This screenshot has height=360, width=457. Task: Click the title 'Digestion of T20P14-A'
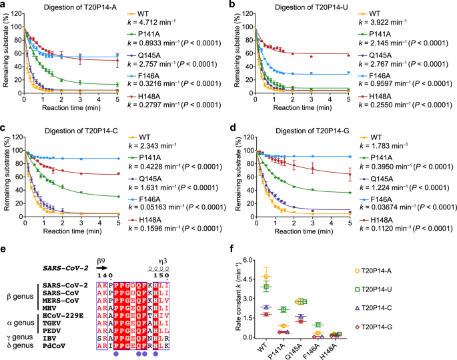tap(77, 7)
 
